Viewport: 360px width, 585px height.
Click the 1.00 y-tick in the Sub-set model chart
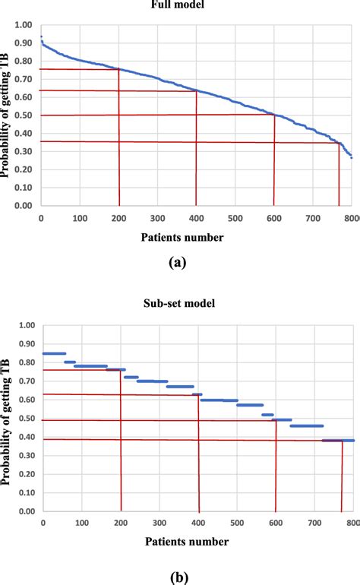click(x=28, y=326)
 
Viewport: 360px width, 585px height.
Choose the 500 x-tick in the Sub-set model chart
click(x=236, y=523)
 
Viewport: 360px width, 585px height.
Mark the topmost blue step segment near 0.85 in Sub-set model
click(x=54, y=353)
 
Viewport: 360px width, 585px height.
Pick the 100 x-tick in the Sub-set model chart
click(x=82, y=523)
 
